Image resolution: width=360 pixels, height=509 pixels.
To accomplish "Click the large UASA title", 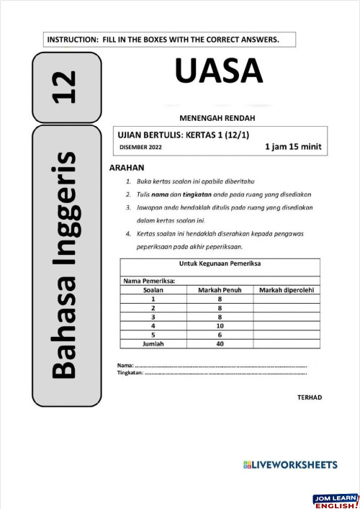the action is click(218, 71).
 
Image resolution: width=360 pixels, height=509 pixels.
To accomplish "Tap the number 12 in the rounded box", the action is click(66, 88).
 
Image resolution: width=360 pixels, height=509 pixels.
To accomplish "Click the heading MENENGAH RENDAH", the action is click(217, 117).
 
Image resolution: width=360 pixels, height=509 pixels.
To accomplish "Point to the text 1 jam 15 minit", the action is click(293, 147).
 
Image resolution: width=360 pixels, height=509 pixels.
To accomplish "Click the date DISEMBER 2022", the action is click(140, 148).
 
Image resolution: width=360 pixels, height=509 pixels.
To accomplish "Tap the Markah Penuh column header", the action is click(220, 290).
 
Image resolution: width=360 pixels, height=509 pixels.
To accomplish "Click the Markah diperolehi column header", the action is click(287, 290).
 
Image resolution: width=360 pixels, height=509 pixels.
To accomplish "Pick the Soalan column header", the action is click(153, 290).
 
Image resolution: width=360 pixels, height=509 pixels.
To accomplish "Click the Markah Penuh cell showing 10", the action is click(220, 325).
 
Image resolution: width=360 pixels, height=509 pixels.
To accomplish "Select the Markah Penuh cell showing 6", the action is click(220, 335).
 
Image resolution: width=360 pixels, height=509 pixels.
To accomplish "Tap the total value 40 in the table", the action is click(220, 344).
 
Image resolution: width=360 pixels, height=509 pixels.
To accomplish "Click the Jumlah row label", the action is click(153, 344).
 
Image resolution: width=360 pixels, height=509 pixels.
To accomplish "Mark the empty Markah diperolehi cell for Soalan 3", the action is click(287, 317).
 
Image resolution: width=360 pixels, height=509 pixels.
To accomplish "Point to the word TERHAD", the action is click(310, 397).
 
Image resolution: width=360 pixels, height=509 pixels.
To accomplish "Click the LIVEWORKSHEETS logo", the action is click(290, 465).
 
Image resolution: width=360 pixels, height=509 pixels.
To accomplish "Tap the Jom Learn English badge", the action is click(336, 501).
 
